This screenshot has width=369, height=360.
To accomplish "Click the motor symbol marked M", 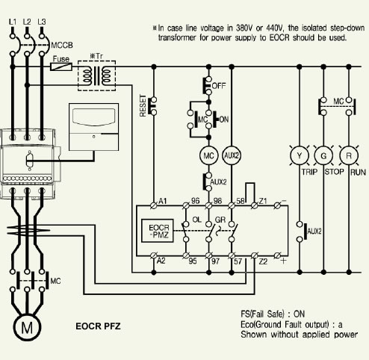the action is point(27,328).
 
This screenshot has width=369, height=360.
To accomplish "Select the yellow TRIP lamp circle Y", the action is point(300,155).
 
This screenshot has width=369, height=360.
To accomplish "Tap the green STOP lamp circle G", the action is point(323,155).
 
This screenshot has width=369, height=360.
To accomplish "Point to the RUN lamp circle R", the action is point(349,155).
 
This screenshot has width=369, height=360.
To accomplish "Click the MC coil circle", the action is point(208,155).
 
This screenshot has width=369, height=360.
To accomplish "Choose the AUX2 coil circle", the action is point(232,155).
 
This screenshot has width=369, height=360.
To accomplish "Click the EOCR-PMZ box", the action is point(158,231).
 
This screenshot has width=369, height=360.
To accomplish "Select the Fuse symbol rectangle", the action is point(61,66).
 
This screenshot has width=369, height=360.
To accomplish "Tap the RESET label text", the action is point(143,105).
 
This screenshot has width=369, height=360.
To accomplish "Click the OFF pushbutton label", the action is point(219,86).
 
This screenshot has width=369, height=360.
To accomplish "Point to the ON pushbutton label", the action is point(224,120).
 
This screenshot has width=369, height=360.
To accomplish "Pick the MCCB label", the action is point(62,46).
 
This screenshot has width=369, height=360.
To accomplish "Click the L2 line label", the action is point(27,22).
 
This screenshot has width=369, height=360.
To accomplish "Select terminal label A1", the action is point(162,201).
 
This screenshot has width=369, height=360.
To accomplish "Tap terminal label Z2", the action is point(263,261).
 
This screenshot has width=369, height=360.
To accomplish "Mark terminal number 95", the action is point(193,261).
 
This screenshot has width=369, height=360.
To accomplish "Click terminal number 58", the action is point(241,201).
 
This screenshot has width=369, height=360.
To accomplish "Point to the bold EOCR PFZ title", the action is point(98,326).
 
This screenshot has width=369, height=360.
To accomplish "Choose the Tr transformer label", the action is point(96,56).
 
